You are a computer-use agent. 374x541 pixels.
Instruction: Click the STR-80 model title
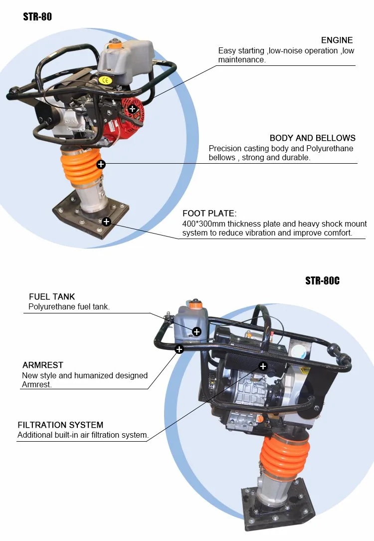[x=37, y=17]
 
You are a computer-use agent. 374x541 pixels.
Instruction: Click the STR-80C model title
[x=322, y=280]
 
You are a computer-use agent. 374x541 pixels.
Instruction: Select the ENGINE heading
[x=337, y=40]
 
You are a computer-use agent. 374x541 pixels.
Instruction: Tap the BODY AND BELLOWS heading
[x=313, y=138]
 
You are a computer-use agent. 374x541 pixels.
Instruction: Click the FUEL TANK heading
[x=52, y=297]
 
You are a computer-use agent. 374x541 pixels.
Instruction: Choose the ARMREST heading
[x=43, y=365]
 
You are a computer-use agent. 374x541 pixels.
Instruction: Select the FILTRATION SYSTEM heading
[x=60, y=425]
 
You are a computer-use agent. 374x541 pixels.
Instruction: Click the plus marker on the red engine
[x=132, y=108]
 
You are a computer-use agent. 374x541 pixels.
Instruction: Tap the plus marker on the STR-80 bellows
[x=101, y=164]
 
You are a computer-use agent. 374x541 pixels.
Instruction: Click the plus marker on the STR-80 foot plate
[x=106, y=222]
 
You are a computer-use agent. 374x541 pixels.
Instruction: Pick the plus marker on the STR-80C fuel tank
[x=196, y=331]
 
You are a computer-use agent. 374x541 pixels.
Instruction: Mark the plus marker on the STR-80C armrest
[x=179, y=349]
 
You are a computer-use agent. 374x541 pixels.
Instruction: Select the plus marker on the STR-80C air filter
[x=263, y=367]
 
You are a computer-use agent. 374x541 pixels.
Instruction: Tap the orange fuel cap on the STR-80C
[x=195, y=303]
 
